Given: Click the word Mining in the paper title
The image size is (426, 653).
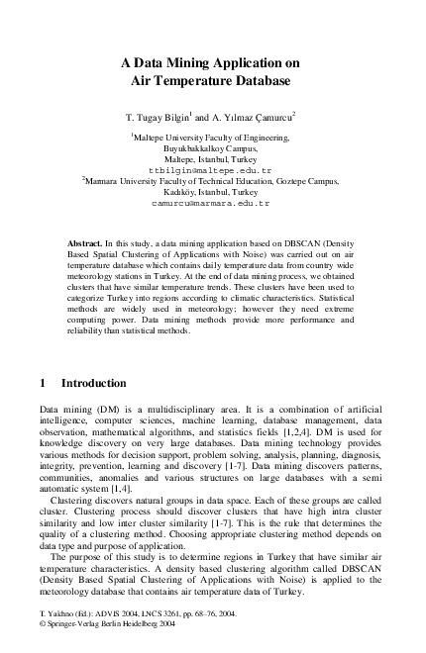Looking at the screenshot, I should tap(189, 61).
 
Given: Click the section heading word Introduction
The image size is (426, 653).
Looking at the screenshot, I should tap(94, 382).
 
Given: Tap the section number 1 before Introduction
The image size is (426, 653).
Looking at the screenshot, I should tap(42, 382).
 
